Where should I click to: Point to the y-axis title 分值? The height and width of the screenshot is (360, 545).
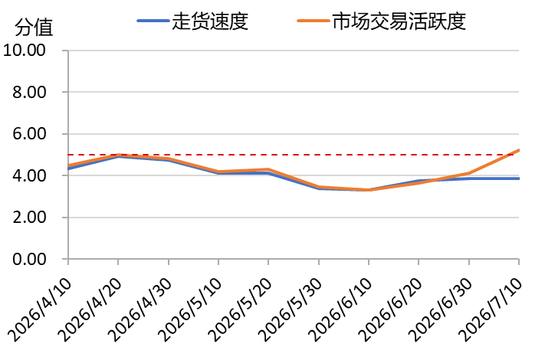click(x=34, y=28)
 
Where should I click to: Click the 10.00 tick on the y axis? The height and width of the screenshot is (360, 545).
click(x=25, y=51)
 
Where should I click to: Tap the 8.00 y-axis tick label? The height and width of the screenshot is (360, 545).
click(x=29, y=93)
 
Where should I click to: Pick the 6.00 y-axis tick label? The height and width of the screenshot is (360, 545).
click(x=29, y=134)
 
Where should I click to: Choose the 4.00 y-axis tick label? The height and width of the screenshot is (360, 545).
click(x=29, y=175)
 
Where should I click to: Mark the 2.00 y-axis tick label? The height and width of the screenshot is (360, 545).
click(x=29, y=218)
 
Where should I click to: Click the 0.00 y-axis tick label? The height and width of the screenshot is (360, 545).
click(x=29, y=259)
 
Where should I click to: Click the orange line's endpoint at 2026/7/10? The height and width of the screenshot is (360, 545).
click(x=519, y=150)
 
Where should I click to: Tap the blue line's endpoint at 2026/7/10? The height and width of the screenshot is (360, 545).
click(x=519, y=178)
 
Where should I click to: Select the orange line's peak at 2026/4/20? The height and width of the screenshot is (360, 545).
click(x=118, y=155)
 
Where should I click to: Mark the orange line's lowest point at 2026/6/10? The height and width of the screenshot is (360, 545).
click(x=369, y=190)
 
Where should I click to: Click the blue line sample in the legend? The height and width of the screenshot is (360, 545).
click(x=153, y=21)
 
